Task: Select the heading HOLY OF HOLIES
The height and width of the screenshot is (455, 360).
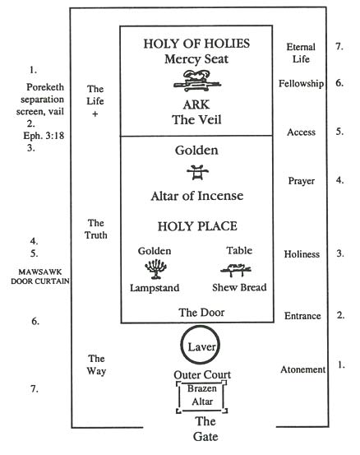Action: pyautogui.click(x=196, y=43)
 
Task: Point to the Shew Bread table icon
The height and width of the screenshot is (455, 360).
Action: pyautogui.click(x=236, y=267)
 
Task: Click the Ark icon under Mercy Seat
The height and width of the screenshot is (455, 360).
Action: pyautogui.click(x=196, y=80)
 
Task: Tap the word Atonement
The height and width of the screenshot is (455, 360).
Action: pyautogui.click(x=302, y=369)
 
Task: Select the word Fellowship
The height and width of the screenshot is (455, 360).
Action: pyautogui.click(x=301, y=84)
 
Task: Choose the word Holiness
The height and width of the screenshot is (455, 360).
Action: pyautogui.click(x=302, y=255)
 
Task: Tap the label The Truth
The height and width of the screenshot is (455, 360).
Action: pyautogui.click(x=96, y=229)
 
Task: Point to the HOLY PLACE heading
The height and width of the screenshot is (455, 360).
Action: pyautogui.click(x=196, y=225)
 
